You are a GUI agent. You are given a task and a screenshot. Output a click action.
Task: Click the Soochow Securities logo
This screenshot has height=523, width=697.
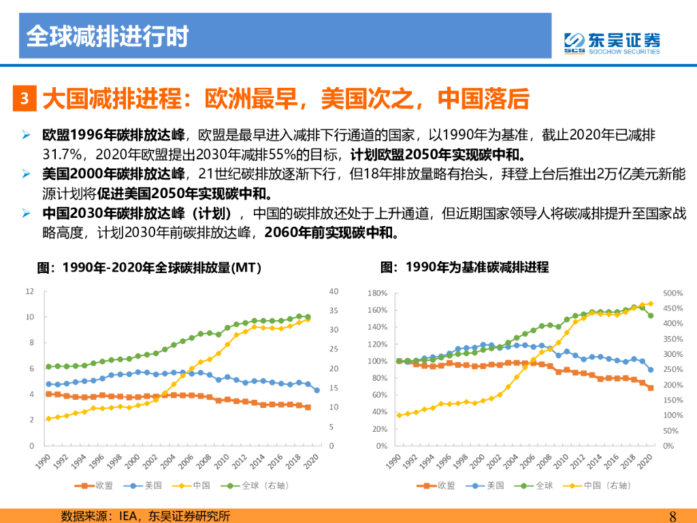tap(611, 42)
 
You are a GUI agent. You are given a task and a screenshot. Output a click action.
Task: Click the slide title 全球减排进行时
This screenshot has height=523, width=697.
tap(107, 36)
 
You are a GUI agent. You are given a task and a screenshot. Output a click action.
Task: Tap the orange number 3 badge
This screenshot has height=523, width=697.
tap(24, 99)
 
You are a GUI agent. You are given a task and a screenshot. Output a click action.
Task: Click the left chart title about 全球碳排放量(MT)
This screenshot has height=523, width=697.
tap(149, 268)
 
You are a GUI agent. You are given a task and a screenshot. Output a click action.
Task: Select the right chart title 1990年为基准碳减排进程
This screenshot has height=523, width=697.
tap(464, 268)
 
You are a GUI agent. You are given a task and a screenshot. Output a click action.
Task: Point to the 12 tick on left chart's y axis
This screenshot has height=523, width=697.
tap(29, 291)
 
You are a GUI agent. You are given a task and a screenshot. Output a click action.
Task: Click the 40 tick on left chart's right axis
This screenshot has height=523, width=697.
tap(334, 291)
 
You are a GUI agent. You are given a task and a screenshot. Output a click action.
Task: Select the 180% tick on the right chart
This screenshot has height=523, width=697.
tap(377, 293)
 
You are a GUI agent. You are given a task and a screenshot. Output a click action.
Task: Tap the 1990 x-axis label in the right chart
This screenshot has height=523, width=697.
tap(393, 463)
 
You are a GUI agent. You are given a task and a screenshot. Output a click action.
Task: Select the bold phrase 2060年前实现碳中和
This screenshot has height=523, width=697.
tap(331, 233)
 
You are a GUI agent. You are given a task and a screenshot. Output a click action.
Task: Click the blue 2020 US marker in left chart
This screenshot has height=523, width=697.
tap(317, 390)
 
